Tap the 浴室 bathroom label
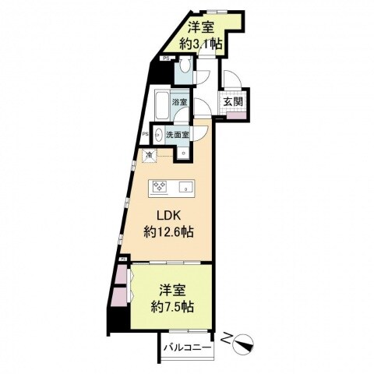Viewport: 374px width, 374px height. pos(179,102)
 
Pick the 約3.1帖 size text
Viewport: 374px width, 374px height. pos(201,44)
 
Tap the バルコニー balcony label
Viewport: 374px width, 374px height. pos(188,348)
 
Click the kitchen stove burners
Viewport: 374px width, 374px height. pos(161,187)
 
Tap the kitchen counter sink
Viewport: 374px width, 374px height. pos(186,187)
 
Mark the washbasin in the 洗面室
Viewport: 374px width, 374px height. pos(158,133)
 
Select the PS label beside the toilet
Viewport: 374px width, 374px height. pos(166,58)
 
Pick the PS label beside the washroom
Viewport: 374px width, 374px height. pos(146,133)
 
